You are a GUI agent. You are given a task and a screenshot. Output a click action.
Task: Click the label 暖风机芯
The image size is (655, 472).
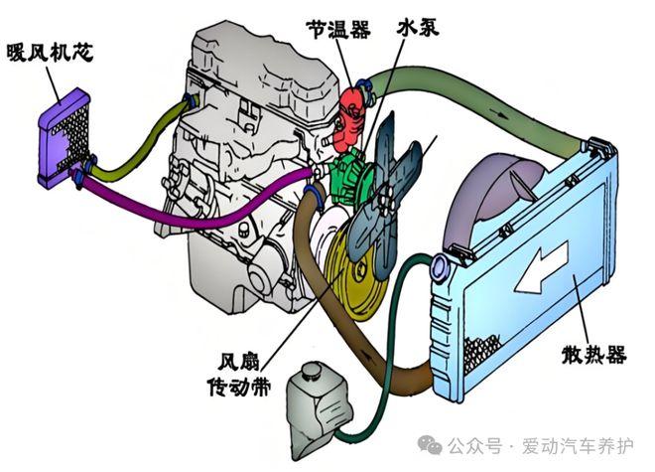pyautogui.click(x=51, y=53)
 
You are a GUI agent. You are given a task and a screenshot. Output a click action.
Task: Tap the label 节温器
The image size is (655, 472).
pyautogui.click(x=338, y=29)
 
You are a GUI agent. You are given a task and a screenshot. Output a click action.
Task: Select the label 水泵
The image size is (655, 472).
pyautogui.click(x=418, y=28)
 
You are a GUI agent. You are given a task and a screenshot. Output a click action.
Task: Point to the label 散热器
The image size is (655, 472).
pyautogui.click(x=593, y=356)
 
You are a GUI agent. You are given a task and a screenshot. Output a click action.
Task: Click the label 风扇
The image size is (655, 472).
pyautogui.click(x=239, y=362)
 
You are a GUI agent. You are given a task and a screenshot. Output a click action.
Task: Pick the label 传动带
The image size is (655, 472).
pyautogui.click(x=239, y=388)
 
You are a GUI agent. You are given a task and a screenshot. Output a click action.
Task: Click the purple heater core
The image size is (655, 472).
pyautogui.click(x=64, y=138)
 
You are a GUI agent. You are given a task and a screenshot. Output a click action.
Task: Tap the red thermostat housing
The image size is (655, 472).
pyautogui.click(x=351, y=118)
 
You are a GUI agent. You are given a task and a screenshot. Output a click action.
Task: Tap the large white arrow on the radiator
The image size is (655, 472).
pyautogui.click(x=542, y=268)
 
